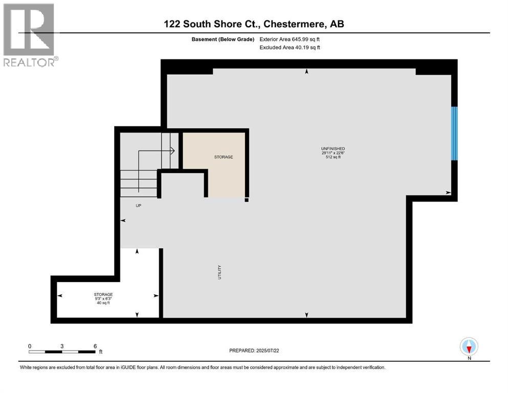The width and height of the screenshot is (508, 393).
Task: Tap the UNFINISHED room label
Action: click(329, 148)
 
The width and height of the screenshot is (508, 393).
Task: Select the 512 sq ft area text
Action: click(329, 157)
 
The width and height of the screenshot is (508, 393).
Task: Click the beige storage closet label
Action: click(224, 157)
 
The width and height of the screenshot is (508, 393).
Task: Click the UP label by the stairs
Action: click(138, 205)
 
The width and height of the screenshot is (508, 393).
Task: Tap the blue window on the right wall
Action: click(454, 133)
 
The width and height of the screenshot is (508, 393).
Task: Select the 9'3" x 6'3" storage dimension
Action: click(103, 298)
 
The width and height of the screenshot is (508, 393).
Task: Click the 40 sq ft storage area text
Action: click(103, 303)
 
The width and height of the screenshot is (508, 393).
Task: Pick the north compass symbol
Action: click(469, 347)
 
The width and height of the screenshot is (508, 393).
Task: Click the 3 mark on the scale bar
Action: click(61, 346)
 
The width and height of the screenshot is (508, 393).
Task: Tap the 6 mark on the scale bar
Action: click(95, 346)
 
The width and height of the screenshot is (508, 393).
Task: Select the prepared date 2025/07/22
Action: click(271, 351)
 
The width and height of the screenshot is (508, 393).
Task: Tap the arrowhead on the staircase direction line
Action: click(173, 150)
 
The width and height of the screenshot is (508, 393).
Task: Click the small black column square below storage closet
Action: click(246, 200)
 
